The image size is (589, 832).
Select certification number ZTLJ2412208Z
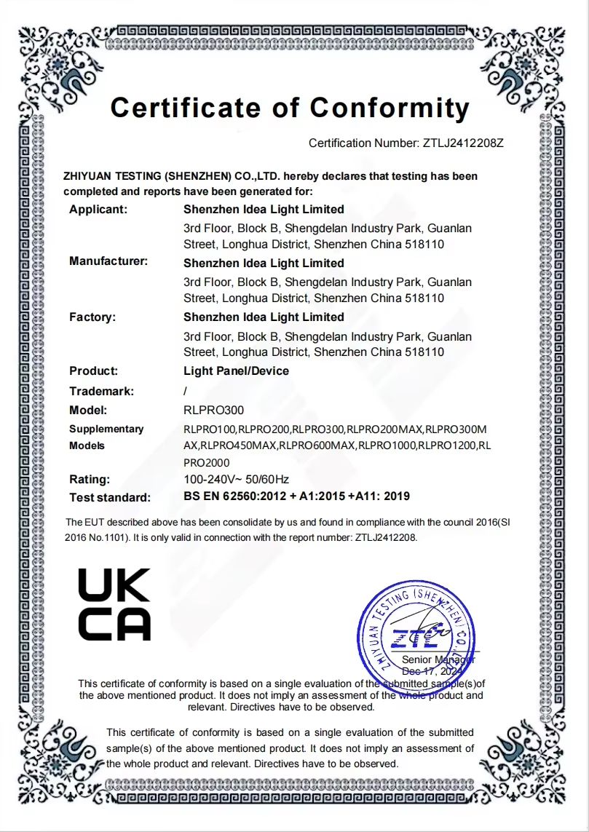463,143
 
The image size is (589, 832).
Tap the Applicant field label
98,210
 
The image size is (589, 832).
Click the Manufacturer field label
108,261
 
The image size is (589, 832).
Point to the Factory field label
92,317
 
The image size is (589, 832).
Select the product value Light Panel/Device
236,371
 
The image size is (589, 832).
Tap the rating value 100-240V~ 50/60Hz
236,479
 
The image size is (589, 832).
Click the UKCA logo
114,604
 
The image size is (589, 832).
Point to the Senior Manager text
443,659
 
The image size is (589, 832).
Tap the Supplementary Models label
106,437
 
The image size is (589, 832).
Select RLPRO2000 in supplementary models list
206,462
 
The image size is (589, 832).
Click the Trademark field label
101,392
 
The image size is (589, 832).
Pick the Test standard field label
109,498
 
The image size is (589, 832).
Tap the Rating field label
90,479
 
